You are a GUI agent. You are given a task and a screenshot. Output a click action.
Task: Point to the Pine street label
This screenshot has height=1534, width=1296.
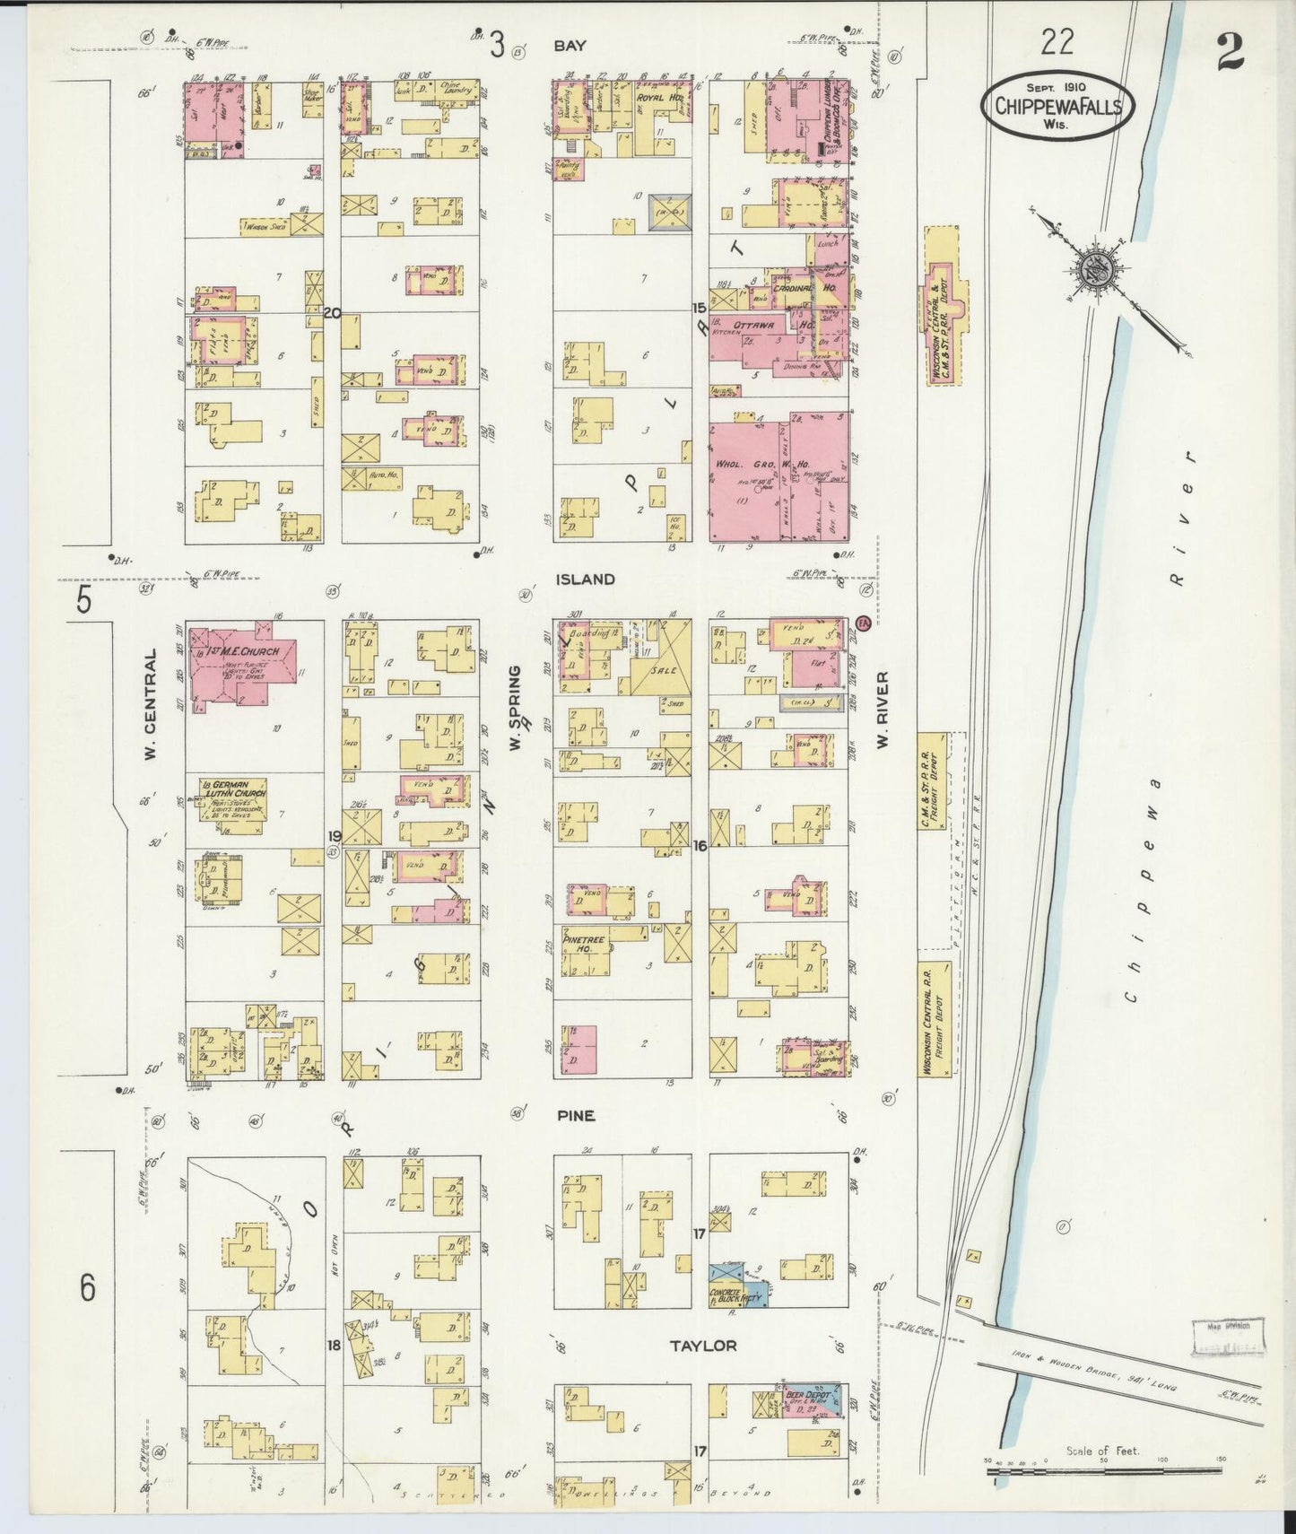[x=575, y=1116]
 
